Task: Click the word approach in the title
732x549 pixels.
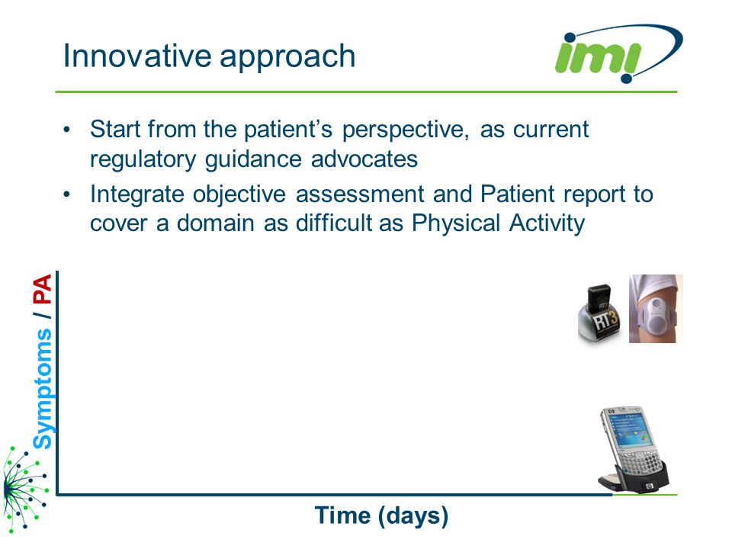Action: (287, 57)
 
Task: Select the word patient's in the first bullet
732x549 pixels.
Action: (288, 130)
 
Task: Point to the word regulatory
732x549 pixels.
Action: (143, 159)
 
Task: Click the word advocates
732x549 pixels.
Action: (364, 159)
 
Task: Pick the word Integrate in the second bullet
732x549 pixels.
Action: (137, 194)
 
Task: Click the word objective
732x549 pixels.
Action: (239, 194)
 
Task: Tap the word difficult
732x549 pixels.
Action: (334, 223)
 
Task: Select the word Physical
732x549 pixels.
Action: (456, 223)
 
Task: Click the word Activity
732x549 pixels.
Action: (547, 223)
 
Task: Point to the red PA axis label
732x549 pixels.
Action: (43, 290)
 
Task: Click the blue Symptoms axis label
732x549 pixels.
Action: (43, 388)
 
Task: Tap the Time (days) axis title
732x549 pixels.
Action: (381, 516)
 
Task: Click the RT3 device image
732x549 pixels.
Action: (600, 315)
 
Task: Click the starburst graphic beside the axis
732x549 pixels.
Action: (24, 488)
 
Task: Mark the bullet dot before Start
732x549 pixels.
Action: (67, 130)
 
